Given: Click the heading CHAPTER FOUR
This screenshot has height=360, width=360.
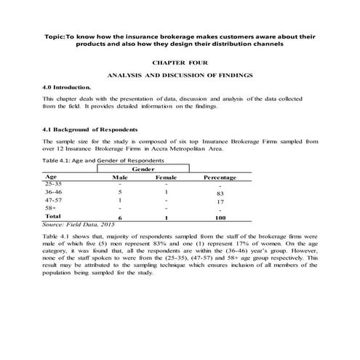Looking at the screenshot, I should click(180, 64).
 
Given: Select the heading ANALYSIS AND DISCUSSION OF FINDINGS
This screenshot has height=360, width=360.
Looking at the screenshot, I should click(180, 76).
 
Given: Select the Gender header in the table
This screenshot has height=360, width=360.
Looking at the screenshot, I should click(142, 168).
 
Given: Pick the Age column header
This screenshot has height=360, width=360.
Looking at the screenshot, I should click(51, 176).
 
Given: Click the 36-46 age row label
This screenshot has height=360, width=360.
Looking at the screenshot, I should click(54, 192).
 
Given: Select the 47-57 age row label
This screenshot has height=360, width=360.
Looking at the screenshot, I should click(54, 200).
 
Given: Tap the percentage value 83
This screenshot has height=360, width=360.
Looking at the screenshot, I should click(219, 194).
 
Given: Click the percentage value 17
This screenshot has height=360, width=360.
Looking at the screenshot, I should click(219, 202).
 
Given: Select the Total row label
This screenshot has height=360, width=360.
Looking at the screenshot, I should click(52, 217).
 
